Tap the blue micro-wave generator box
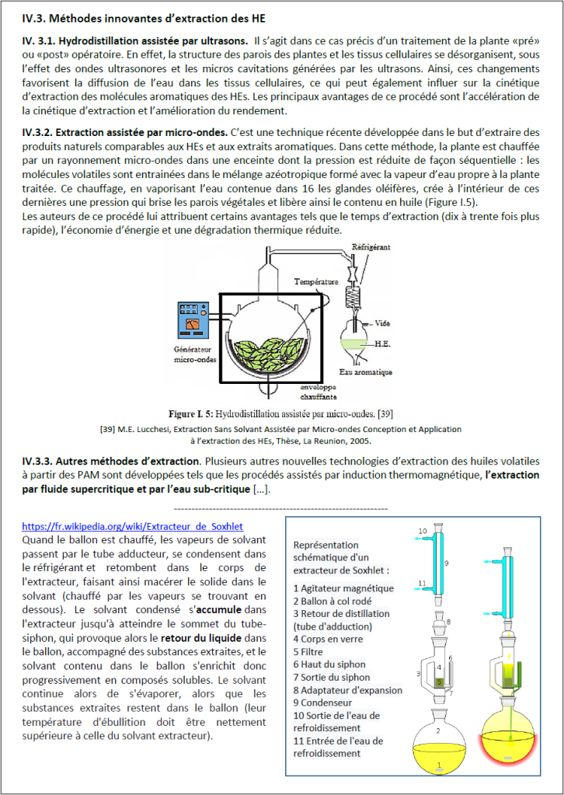[197, 317]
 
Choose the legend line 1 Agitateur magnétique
[343, 588]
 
